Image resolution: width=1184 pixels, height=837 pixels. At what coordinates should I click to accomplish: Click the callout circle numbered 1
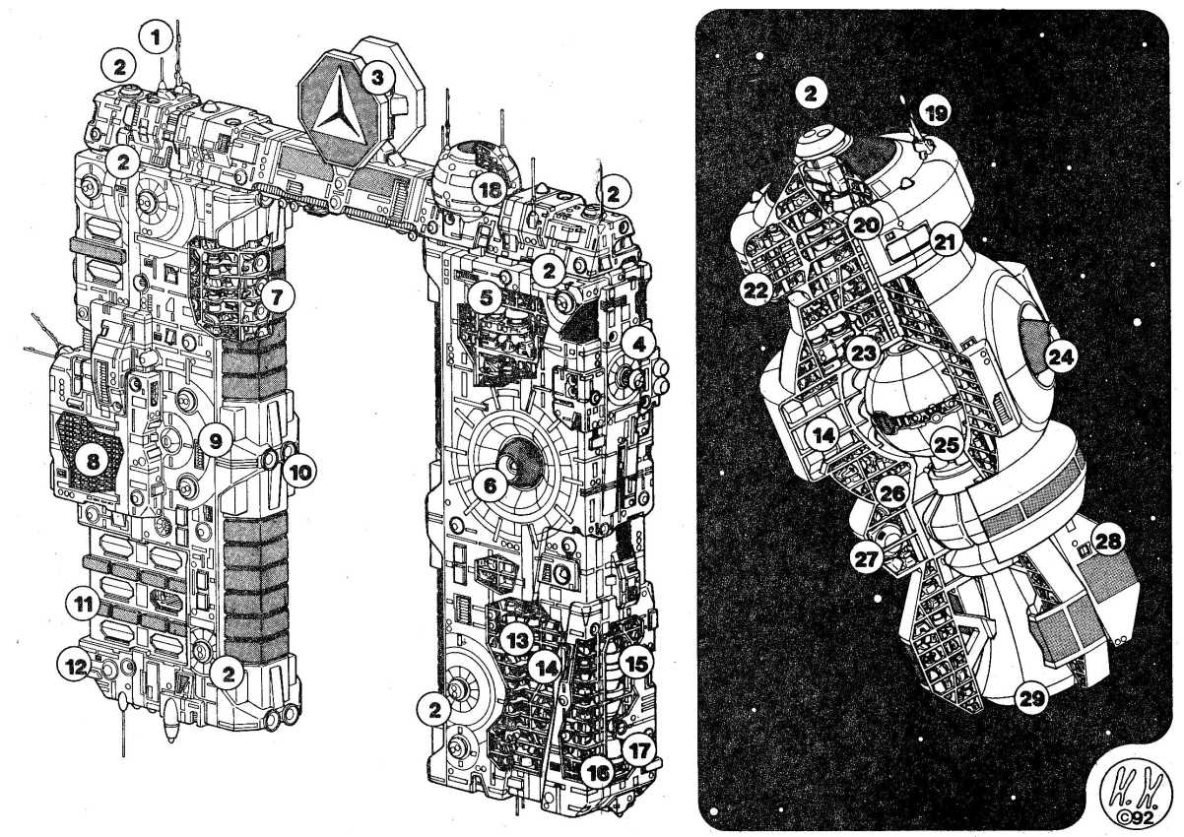[x=156, y=37]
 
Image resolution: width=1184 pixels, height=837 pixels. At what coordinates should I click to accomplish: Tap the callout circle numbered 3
[x=377, y=78]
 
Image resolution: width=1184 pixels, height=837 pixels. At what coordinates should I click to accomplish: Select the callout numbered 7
[x=277, y=298]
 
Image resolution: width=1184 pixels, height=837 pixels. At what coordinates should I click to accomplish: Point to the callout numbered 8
[x=92, y=462]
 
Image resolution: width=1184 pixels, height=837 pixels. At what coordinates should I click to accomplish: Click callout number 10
[x=299, y=472]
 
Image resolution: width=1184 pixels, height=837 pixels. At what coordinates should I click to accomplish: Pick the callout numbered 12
[x=75, y=668]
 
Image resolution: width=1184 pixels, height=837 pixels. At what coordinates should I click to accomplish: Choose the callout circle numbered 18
[x=489, y=190]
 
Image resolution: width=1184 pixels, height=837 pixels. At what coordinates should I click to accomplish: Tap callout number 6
[x=490, y=485]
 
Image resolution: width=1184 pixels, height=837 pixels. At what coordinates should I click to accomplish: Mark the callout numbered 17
[x=639, y=750]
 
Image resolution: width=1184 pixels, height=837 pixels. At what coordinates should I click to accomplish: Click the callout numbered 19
[x=935, y=112]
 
